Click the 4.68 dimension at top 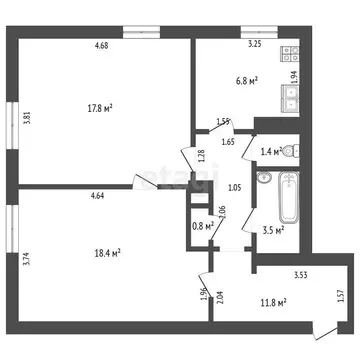pos(101,45)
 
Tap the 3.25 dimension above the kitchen pos(255,45)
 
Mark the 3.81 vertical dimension pos(27,116)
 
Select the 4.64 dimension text pos(99,197)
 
